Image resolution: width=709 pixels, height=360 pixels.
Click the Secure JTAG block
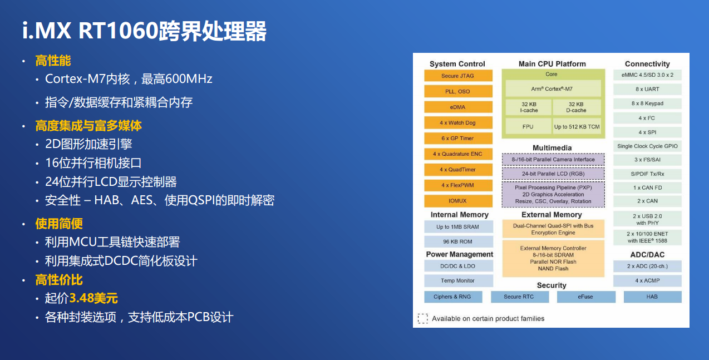coord(458,76)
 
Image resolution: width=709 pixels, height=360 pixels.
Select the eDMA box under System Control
coord(458,107)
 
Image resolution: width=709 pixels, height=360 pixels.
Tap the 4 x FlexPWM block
coord(458,185)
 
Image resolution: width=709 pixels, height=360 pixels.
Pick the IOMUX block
coord(458,201)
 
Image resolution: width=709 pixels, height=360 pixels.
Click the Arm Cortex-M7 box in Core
coord(551,88)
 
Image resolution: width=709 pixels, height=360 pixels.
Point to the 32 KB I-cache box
coord(528,107)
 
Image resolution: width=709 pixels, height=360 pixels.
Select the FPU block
coord(528,126)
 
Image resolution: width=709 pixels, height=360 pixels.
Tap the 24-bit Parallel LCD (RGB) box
coord(553,174)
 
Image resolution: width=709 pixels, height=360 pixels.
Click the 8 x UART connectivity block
coord(647,89)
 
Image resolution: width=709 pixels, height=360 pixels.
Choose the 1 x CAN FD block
coord(647,188)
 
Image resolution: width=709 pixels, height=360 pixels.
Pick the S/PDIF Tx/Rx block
coord(647,174)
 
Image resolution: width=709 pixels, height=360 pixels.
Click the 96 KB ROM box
coord(458,241)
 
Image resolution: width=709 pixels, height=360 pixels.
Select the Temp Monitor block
coord(458,280)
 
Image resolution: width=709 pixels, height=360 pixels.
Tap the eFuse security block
coord(585,297)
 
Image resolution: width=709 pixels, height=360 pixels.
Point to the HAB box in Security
coord(652,297)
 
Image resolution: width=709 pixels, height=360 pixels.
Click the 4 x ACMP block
coord(647,280)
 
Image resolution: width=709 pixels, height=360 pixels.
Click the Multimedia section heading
coord(552,148)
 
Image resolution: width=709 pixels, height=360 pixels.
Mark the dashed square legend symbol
coord(423,319)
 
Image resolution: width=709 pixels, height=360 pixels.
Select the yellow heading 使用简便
coord(59,224)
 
